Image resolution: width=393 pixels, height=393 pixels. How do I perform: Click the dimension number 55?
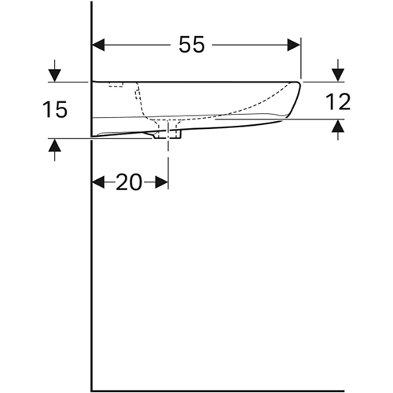(191, 45)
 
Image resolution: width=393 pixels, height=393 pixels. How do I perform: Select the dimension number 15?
(54, 111)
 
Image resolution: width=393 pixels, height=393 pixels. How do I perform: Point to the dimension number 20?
(129, 182)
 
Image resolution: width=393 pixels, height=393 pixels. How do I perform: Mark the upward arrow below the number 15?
(54, 146)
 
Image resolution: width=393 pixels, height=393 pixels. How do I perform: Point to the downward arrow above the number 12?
(337, 75)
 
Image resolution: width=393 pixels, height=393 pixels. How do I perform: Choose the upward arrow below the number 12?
(337, 126)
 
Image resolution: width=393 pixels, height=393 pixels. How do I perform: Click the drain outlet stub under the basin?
(169, 134)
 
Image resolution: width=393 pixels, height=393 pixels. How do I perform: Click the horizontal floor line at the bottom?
(236, 390)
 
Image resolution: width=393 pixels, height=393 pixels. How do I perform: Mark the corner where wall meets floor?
(93, 390)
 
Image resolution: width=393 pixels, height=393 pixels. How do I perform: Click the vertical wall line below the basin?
(93, 275)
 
